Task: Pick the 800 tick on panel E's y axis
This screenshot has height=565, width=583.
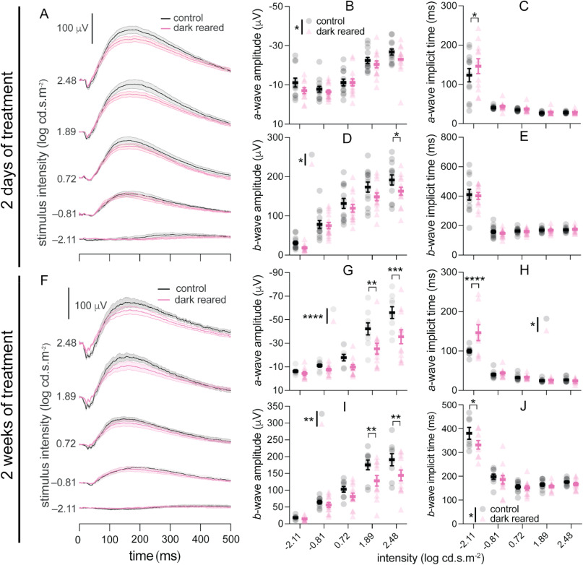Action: [447, 137]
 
